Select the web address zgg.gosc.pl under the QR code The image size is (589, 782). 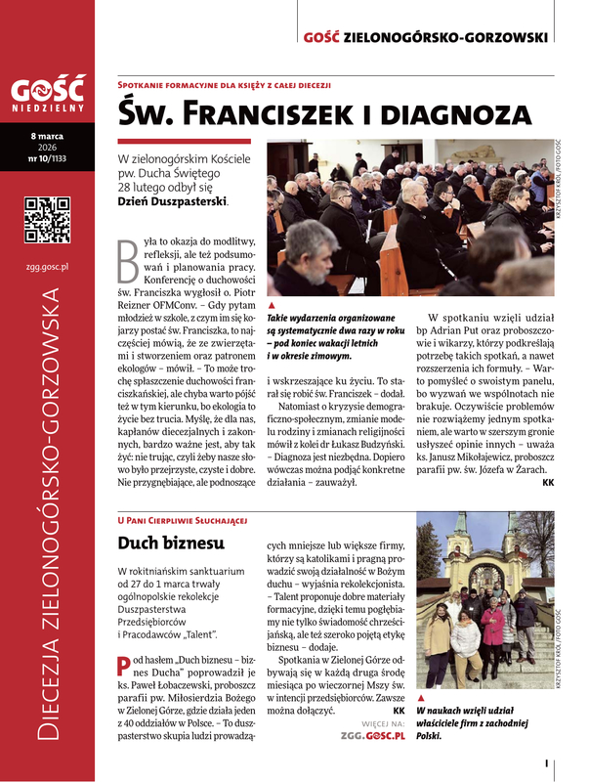pos(47,265)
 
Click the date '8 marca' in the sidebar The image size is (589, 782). pos(46,134)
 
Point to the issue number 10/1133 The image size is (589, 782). pos(47,155)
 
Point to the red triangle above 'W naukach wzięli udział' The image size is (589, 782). pos(420,698)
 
